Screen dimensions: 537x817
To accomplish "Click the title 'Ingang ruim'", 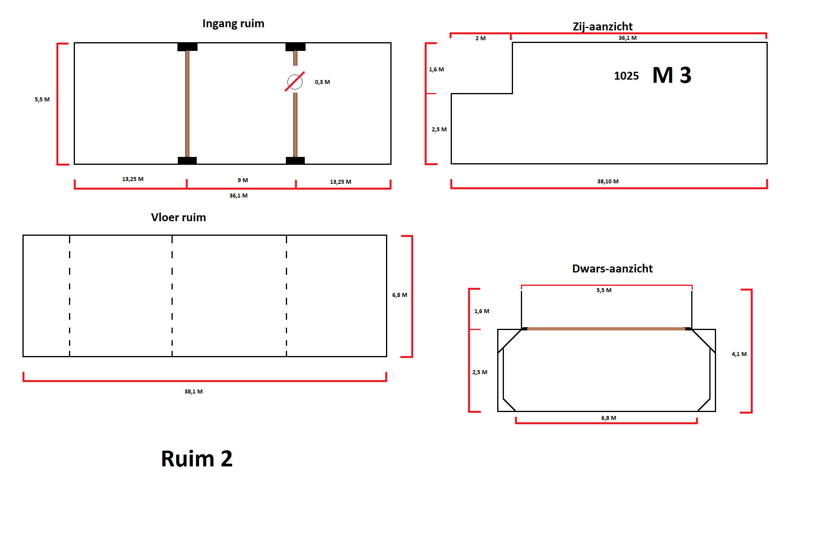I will [233, 24].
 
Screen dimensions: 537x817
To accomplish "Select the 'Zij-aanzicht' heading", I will [602, 26].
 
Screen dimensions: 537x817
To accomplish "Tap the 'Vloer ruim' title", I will [178, 217].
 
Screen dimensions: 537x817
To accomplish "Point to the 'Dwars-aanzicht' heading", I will [612, 268].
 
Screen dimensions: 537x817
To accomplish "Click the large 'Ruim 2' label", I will [197, 459].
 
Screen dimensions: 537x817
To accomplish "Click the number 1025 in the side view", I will [626, 76].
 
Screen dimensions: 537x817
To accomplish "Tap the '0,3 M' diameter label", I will [322, 82].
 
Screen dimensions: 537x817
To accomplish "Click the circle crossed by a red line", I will [295, 82].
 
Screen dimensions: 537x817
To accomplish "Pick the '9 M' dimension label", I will [242, 180].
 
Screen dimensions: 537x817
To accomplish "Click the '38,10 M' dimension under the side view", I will [608, 181].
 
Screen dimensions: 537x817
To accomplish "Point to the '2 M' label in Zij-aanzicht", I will [480, 38].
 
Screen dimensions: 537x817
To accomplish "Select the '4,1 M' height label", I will [739, 354].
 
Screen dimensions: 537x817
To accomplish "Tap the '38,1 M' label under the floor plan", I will [193, 392].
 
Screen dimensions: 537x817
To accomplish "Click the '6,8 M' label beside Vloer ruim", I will [399, 295].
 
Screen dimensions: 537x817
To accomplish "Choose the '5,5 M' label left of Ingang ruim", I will [42, 99].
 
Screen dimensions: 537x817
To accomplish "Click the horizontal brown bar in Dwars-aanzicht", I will [606, 328].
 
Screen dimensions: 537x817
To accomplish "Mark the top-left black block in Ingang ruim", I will [187, 47].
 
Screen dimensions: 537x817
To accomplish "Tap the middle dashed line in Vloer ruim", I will [172, 296].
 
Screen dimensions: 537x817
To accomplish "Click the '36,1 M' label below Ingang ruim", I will [238, 196].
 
